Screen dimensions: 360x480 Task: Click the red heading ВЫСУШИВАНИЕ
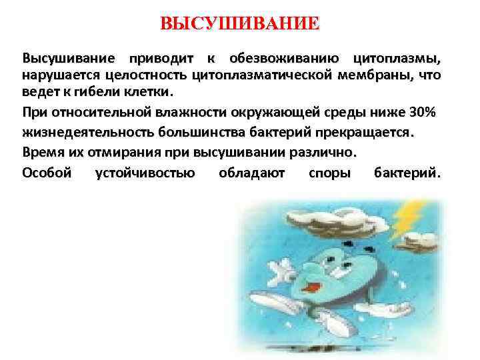coord(240,25)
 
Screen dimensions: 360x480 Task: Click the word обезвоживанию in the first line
coord(287,59)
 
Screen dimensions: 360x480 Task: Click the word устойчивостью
coord(145,173)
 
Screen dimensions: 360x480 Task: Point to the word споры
coord(330,173)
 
